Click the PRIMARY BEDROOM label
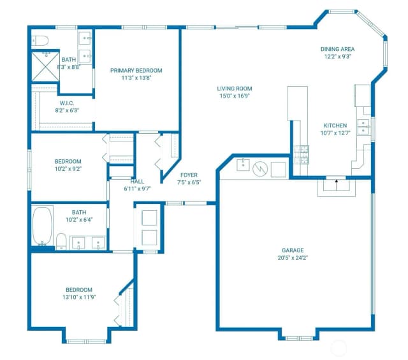click(136, 71)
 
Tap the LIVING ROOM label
click(235, 89)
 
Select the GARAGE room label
click(293, 250)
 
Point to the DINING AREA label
click(337, 49)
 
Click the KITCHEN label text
click(335, 126)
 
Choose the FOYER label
click(189, 175)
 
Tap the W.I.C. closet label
click(67, 103)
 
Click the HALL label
click(137, 182)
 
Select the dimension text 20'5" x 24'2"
click(293, 258)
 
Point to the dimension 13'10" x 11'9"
click(79, 297)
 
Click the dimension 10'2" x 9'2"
click(68, 169)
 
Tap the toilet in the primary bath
click(40, 41)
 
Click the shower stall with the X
click(45, 67)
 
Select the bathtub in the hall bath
click(42, 226)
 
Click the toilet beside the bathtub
click(61, 241)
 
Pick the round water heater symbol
click(260, 169)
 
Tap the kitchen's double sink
click(363, 127)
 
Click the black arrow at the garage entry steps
click(337, 181)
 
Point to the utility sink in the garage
click(243, 164)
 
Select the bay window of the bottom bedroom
click(86, 342)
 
